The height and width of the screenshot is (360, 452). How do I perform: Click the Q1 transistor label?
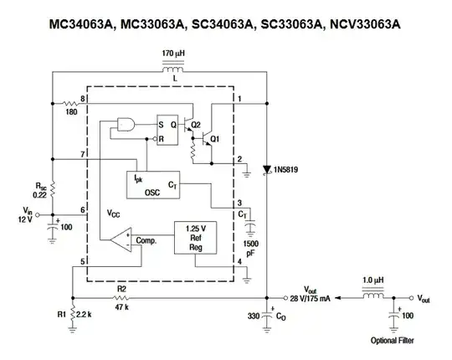click(214, 138)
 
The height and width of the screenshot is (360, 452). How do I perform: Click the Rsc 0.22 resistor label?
click(40, 189)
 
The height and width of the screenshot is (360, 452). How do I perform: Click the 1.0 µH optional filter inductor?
click(372, 296)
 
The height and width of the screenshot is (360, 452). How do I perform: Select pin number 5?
click(83, 263)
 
